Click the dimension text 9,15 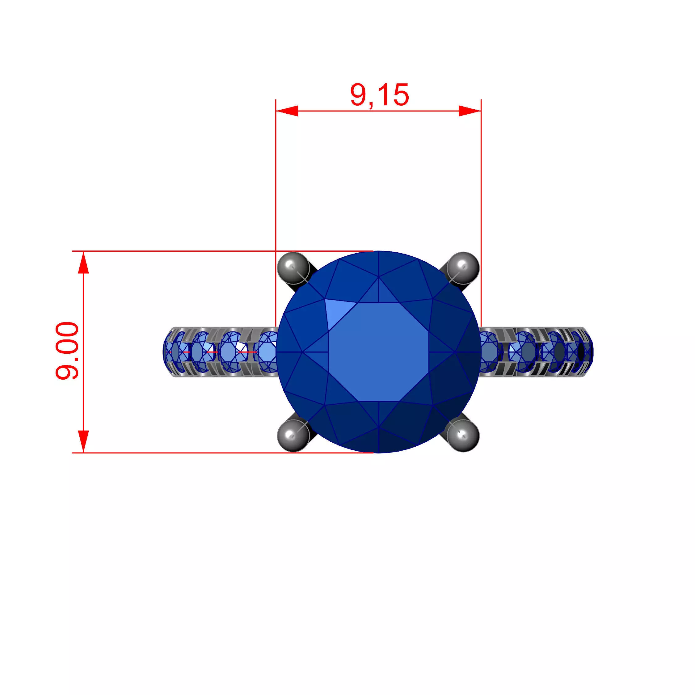380,95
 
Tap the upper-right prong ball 463,267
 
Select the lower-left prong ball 293,435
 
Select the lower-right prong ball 463,435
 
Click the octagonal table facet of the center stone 378,352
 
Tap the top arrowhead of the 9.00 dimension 83,263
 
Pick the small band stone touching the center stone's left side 267,352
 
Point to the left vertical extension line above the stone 276,180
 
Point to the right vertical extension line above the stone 481,180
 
